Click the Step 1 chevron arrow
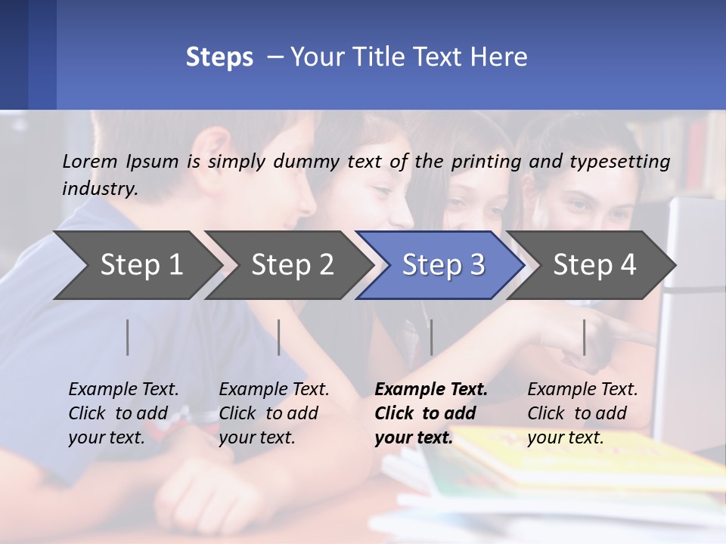pos(136,265)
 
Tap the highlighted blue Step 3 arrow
pos(440,265)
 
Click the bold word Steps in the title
pos(219,57)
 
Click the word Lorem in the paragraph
pos(90,161)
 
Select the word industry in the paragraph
pos(100,189)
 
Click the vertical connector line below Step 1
pos(128,337)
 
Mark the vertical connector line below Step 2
pos(279,337)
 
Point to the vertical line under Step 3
pos(431,337)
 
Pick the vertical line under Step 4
pos(584,337)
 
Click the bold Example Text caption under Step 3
pos(431,413)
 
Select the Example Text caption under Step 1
pos(123,413)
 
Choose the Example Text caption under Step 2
pos(274,413)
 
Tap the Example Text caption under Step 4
pos(582,413)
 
